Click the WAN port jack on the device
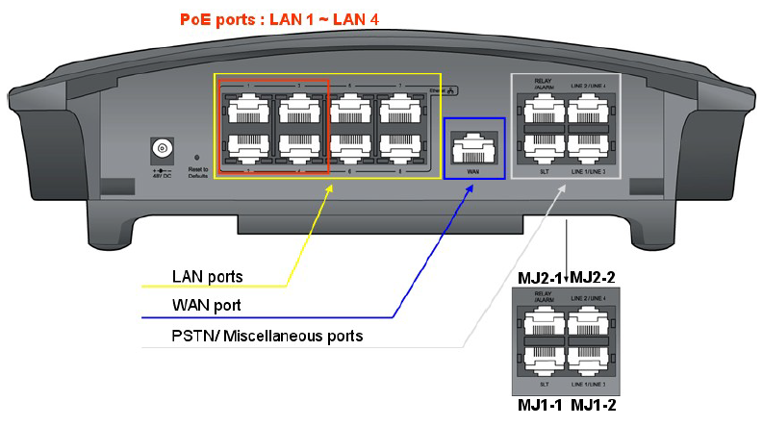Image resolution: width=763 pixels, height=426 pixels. click(x=472, y=150)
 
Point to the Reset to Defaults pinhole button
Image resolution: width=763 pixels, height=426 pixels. click(x=197, y=157)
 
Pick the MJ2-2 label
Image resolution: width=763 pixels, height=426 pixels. click(x=592, y=277)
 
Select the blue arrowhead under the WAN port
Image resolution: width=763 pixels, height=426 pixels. click(x=471, y=188)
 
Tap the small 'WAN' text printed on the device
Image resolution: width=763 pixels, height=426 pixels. click(x=472, y=171)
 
